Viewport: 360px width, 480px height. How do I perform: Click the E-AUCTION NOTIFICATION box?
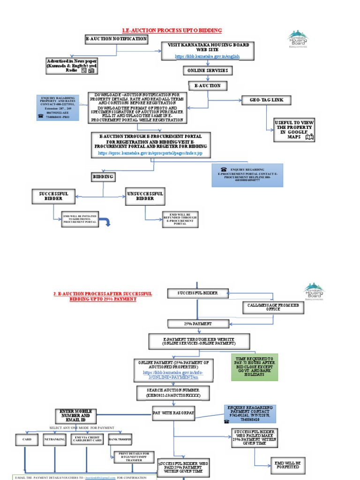click(x=116, y=39)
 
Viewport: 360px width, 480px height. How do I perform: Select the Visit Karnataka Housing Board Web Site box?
click(x=208, y=51)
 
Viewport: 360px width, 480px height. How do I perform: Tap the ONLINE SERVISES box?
click(x=208, y=71)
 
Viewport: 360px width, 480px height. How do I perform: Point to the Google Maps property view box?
click(x=295, y=130)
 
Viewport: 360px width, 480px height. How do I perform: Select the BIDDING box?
click(x=103, y=177)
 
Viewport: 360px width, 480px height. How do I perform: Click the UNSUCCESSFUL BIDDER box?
click(x=145, y=196)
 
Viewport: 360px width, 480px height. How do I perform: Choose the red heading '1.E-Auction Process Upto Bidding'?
click(x=171, y=30)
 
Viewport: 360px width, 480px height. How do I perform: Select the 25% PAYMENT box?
click(x=197, y=324)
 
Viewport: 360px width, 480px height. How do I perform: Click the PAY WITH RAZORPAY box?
click(x=173, y=412)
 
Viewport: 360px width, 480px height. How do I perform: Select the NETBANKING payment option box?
click(x=55, y=440)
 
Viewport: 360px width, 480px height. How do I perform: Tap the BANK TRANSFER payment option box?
click(x=120, y=439)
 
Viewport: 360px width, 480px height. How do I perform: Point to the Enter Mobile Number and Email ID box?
click(x=75, y=415)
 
